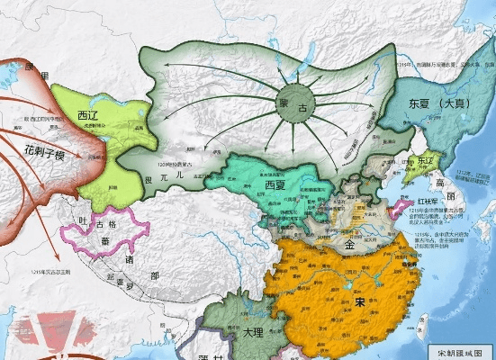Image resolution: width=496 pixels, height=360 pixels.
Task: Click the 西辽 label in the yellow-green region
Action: point(88,115)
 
